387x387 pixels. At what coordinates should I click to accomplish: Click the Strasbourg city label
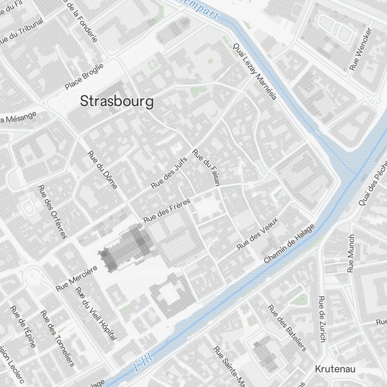point(116,101)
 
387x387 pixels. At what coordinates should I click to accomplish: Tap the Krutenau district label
point(335,368)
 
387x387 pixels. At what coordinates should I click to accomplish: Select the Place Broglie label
point(84,76)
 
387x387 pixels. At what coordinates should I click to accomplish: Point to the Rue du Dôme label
point(103,170)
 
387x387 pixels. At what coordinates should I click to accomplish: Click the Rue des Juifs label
point(169,173)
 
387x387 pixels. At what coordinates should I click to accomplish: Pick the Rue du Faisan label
point(206,167)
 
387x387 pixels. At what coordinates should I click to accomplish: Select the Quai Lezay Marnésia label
point(255,71)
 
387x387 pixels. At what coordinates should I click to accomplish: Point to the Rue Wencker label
point(361,49)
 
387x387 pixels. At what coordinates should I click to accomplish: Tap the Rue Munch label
point(351,253)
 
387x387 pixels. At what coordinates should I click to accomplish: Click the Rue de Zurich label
point(322,319)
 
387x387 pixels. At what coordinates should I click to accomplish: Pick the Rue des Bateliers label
point(287,328)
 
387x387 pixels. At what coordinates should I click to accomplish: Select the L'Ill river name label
point(143,363)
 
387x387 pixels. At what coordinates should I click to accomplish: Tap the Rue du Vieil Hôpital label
point(96,314)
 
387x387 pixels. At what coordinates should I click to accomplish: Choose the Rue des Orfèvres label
point(53,212)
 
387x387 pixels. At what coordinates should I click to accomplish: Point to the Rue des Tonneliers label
point(58,338)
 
